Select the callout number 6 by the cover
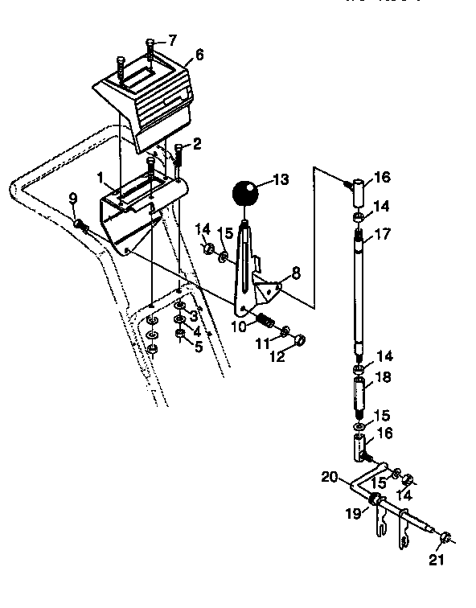[x=199, y=55]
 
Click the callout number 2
[x=197, y=144]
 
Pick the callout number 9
[x=72, y=198]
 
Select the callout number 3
[x=193, y=315]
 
